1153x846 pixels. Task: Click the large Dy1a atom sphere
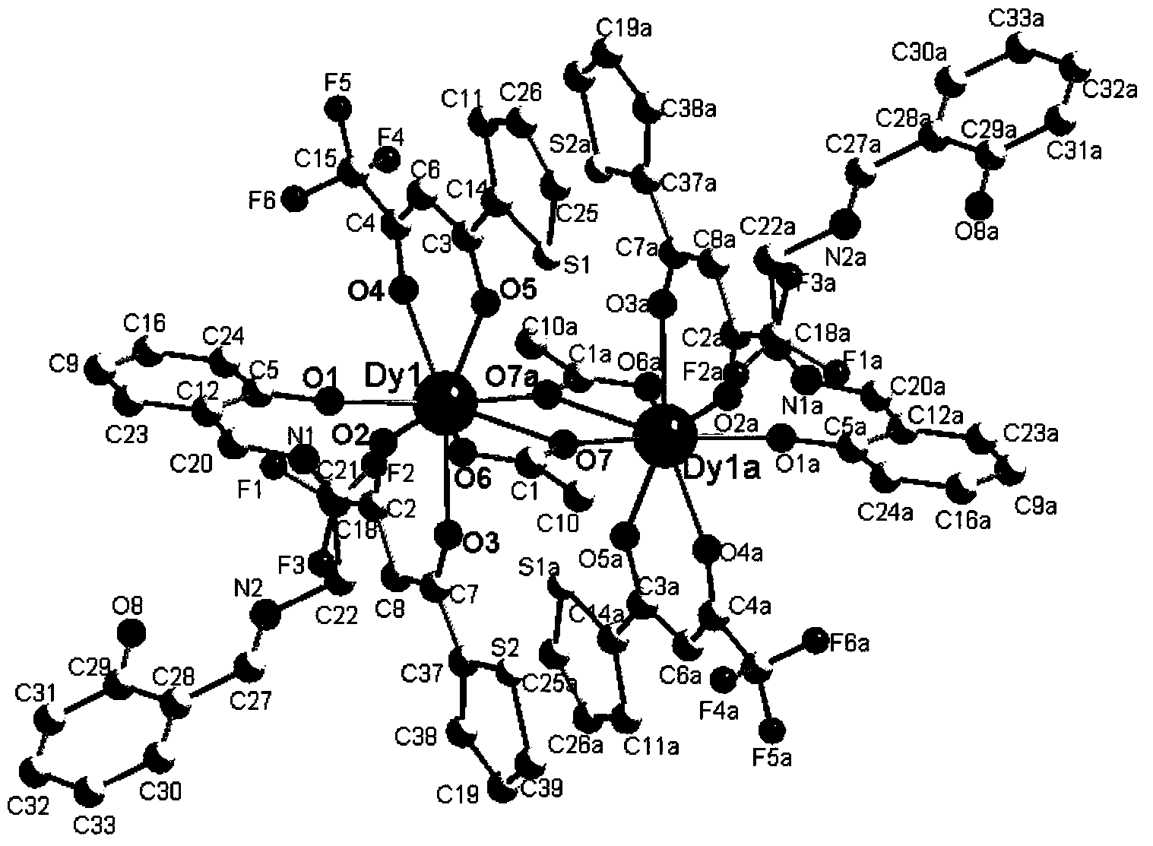(x=666, y=439)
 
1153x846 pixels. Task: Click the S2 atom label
(x=505, y=648)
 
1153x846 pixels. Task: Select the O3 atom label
(x=481, y=543)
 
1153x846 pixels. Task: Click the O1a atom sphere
(x=779, y=439)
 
